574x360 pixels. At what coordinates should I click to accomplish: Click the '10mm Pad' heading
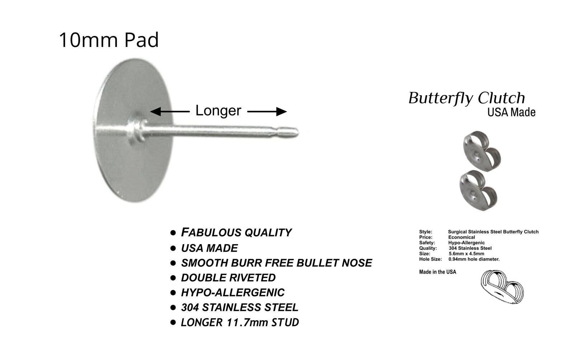pos(109,40)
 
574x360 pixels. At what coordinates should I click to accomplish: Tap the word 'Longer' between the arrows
pos(218,111)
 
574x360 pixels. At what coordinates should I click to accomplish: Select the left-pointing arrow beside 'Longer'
pos(170,112)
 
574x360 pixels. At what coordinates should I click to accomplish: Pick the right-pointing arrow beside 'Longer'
pos(267,112)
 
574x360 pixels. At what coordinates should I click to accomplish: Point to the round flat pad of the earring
pos(133,164)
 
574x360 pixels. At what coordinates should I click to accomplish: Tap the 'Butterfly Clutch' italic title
pos(467,98)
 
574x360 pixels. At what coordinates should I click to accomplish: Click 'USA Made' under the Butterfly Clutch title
pos(511,112)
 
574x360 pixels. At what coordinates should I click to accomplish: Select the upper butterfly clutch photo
pos(482,151)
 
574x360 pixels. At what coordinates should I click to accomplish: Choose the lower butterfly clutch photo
pos(478,190)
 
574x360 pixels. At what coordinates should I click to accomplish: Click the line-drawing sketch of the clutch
pos(502,287)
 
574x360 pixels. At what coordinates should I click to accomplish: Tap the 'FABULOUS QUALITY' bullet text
pos(236,232)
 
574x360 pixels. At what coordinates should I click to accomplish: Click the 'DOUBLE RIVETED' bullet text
pos(228,278)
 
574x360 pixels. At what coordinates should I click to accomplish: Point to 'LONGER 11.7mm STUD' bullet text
pos(240,322)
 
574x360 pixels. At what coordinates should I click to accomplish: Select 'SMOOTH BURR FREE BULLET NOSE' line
pos(277,263)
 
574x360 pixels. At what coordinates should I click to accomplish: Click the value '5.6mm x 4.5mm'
pos(466,254)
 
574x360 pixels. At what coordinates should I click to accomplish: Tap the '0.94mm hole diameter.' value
pos(474,259)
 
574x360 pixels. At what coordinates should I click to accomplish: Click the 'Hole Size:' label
pos(430,259)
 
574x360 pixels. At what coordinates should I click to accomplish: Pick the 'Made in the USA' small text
pos(438,272)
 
